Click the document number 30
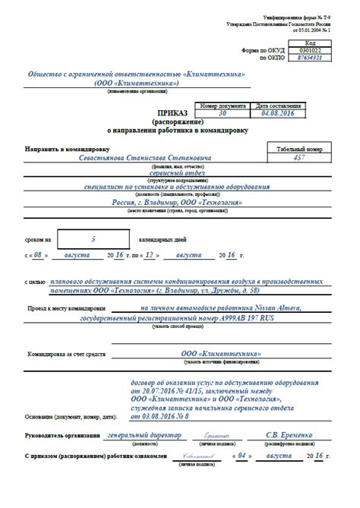[222, 112]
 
